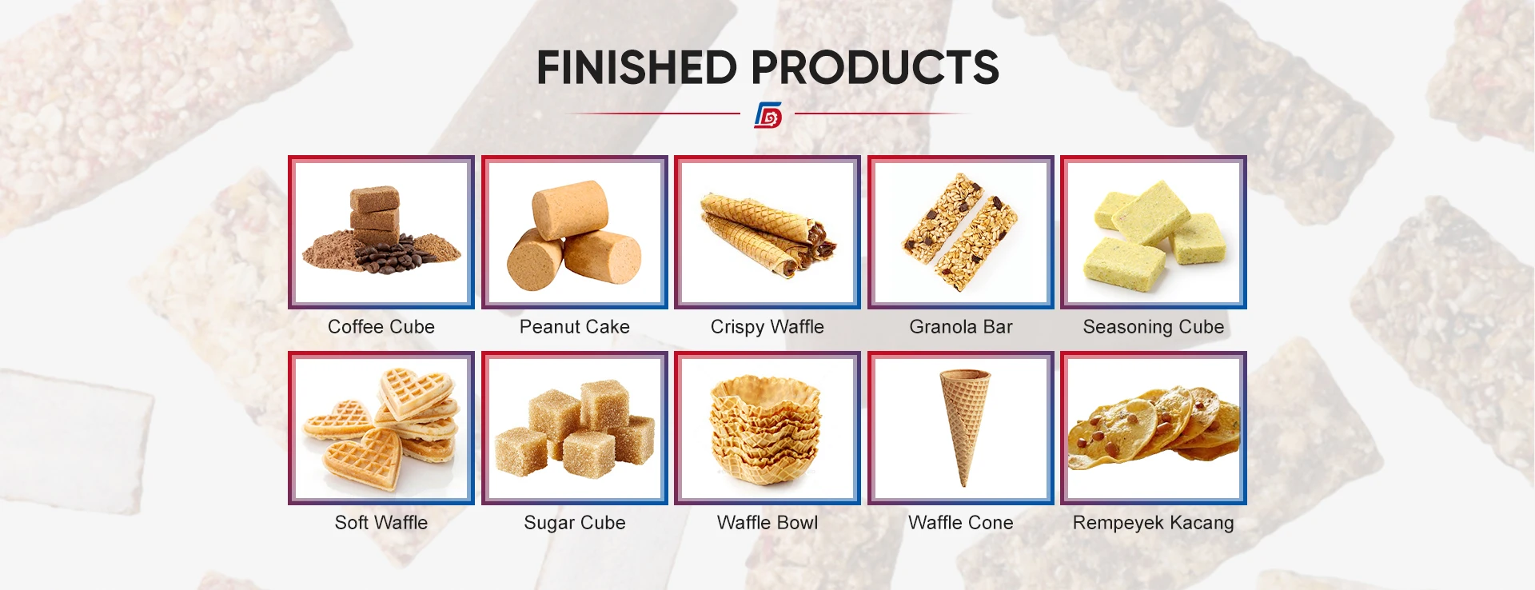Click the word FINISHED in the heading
click(x=637, y=67)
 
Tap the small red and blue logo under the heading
click(x=767, y=115)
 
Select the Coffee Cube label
click(x=381, y=327)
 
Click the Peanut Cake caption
click(x=575, y=327)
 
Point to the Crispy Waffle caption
click(x=767, y=327)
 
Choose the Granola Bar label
click(x=961, y=327)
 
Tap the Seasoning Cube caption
click(x=1154, y=327)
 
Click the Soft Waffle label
click(x=381, y=523)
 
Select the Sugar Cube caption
click(x=575, y=523)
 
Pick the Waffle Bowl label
click(x=767, y=523)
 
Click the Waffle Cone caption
click(x=961, y=523)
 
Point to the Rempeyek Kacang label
click(x=1154, y=523)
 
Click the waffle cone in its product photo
click(x=963, y=424)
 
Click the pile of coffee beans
click(x=392, y=257)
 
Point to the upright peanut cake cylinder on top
click(x=571, y=209)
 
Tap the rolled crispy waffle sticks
click(x=767, y=233)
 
